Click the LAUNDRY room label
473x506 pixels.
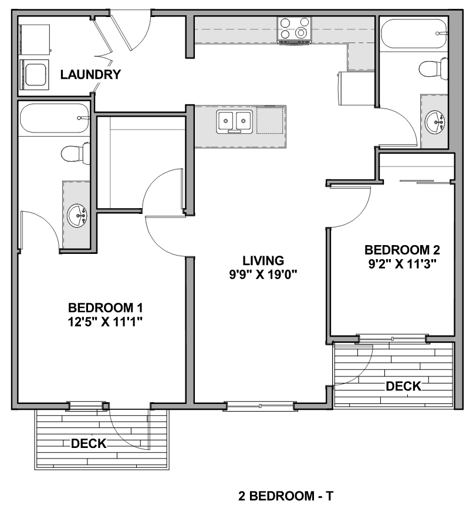[x=90, y=74]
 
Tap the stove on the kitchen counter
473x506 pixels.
[x=294, y=29]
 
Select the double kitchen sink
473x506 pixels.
[x=235, y=121]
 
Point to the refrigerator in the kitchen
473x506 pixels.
[x=356, y=88]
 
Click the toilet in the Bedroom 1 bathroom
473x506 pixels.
[x=76, y=153]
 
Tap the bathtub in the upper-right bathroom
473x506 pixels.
[x=414, y=33]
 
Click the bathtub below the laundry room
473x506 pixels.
[x=54, y=118]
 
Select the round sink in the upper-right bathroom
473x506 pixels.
[x=434, y=121]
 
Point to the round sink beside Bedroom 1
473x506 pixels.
[x=77, y=215]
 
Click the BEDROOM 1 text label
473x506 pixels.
[x=105, y=308]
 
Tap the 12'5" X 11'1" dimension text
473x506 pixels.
[x=105, y=322]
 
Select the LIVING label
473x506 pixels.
[x=263, y=260]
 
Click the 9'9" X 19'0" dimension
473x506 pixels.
[x=263, y=274]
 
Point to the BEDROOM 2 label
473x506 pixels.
[x=402, y=250]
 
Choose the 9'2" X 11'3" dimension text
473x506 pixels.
[x=403, y=264]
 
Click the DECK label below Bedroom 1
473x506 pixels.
[x=89, y=443]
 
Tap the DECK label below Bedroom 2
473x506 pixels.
[x=404, y=386]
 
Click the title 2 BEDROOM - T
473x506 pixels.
[x=286, y=495]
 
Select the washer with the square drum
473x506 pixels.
[x=34, y=74]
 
